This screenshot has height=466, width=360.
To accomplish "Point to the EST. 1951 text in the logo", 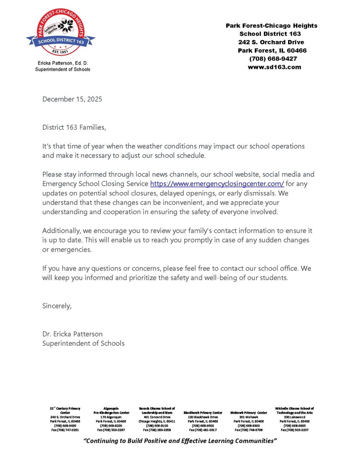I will point(61,51).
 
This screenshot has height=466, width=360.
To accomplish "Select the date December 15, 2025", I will point(72,99).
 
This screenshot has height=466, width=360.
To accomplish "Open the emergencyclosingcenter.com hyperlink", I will point(217,183).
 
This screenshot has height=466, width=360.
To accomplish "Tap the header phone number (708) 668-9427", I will point(273,59).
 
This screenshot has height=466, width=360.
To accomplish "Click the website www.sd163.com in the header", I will point(274,67).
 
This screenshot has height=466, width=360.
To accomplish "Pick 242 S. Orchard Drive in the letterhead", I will point(272,42).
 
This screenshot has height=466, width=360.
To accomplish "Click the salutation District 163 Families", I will point(74,127).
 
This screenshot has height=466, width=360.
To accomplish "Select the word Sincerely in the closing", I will point(57,306).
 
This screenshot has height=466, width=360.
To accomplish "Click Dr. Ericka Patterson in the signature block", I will point(72,334).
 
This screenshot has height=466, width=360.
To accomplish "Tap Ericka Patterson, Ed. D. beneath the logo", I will point(62,63).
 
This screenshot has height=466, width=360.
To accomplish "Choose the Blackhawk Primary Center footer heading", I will point(203,412).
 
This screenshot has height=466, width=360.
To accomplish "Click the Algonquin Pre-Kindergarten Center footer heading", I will point(111,410).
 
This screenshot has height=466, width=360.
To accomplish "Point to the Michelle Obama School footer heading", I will point(294,410).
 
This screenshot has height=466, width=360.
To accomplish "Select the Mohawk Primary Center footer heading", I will point(248,412).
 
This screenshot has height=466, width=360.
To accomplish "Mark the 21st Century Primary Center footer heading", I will point(65,410).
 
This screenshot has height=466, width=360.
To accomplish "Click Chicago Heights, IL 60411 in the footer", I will point(157,421).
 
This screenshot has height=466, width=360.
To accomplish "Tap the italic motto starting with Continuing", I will point(180,441).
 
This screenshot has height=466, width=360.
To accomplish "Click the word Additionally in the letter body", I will point(61,231).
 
